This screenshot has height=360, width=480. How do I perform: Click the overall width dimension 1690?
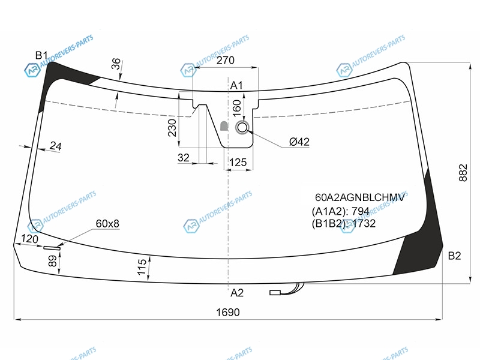(x=228, y=312)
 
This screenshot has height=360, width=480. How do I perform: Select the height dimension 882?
(x=463, y=173)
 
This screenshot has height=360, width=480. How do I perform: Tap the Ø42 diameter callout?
(x=299, y=142)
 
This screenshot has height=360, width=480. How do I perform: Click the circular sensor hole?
(x=242, y=127)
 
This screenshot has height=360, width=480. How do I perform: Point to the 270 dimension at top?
(x=226, y=61)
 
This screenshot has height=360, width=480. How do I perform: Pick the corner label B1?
(x=41, y=55)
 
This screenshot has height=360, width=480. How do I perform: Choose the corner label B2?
(x=454, y=256)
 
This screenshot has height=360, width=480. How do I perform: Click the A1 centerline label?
(x=236, y=85)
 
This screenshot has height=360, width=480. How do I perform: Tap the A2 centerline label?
(x=236, y=293)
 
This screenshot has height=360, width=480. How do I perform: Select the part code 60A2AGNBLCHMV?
(x=360, y=197)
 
